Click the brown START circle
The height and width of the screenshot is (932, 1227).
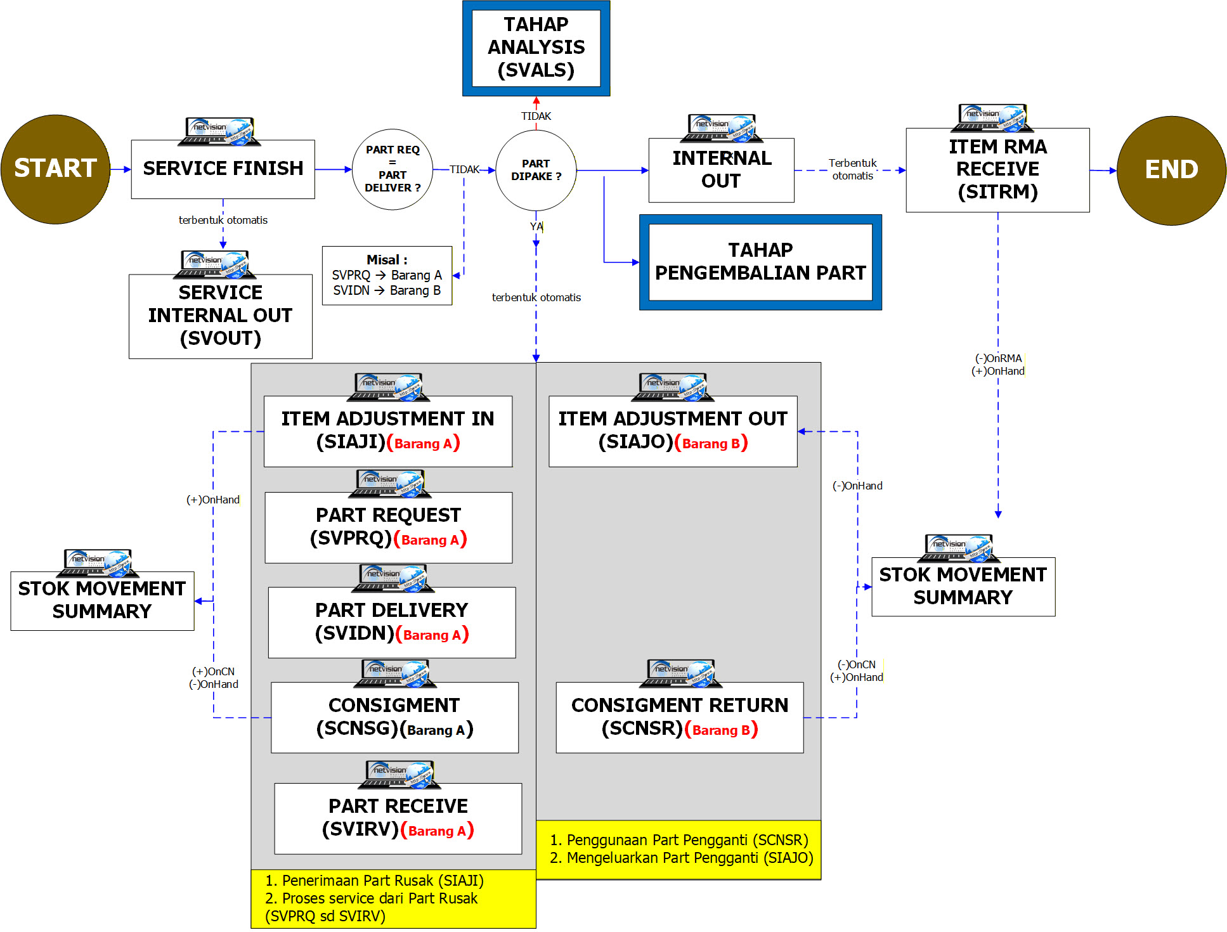pos(56,169)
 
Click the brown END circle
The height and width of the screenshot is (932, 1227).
pos(1171,170)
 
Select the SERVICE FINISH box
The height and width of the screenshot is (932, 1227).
pos(223,169)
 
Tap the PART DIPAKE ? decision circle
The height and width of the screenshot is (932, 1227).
pos(536,170)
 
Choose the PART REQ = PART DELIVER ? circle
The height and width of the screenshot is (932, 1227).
pos(393,169)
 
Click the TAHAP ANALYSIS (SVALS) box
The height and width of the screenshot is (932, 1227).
pos(536,48)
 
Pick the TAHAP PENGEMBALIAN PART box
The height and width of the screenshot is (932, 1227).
pos(760,262)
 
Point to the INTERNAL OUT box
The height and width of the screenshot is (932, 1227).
pos(721,170)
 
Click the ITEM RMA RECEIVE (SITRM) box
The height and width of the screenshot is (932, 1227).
pos(997,170)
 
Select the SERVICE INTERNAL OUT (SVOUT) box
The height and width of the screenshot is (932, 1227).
pos(220,316)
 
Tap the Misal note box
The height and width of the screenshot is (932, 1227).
pos(387,276)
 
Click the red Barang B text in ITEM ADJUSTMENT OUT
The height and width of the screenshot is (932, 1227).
pos(711,444)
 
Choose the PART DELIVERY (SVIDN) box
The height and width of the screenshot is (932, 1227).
pos(391,622)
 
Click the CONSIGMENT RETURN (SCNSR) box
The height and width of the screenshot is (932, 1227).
pos(679,717)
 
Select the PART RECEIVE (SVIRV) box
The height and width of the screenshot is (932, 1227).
pos(398,818)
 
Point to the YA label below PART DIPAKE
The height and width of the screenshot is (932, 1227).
pos(536,226)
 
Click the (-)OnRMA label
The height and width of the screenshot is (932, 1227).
pos(998,358)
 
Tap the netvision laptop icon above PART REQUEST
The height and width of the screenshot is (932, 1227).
pos(389,483)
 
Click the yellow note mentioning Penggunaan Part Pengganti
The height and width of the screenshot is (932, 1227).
pos(678,849)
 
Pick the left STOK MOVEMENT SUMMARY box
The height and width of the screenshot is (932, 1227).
pos(102,600)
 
